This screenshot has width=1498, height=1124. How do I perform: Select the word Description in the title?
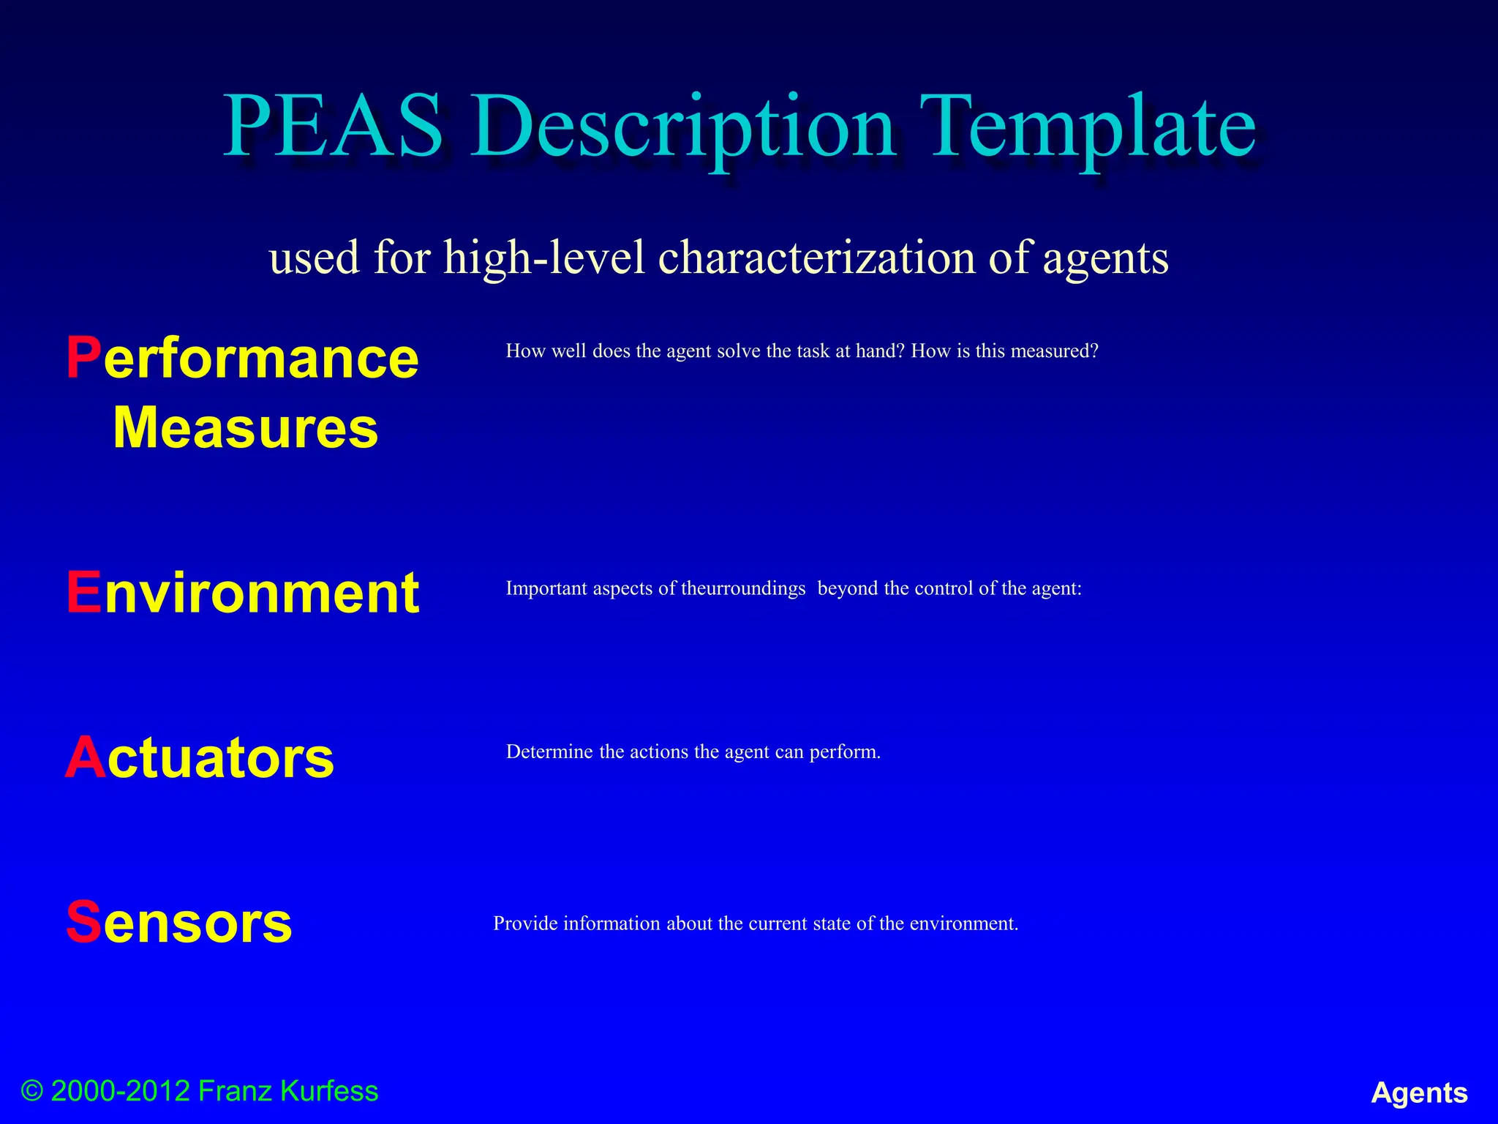click(683, 129)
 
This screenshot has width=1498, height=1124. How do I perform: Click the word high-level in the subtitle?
click(545, 258)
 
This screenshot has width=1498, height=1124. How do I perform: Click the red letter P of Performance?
click(83, 358)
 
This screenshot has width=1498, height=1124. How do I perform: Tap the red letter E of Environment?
click(83, 592)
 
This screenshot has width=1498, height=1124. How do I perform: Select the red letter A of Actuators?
click(86, 757)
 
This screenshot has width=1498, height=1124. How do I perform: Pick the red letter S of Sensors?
click(83, 922)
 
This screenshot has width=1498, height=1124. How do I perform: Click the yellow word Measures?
click(246, 428)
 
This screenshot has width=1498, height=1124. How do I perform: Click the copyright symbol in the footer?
click(32, 1091)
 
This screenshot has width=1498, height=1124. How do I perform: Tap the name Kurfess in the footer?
click(329, 1091)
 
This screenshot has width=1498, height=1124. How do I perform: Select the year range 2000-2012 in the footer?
click(121, 1091)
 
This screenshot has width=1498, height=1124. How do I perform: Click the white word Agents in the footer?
click(1419, 1093)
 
